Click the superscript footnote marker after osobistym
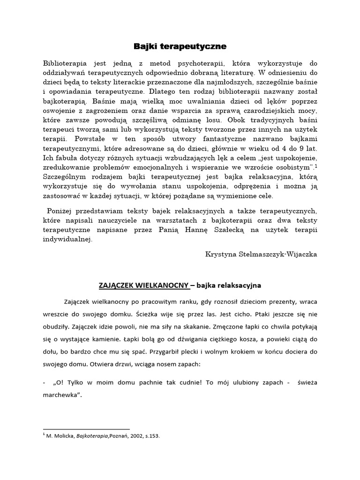(x=316, y=166)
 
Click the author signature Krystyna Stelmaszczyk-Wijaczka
(x=261, y=254)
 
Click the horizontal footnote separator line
(x=86, y=429)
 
